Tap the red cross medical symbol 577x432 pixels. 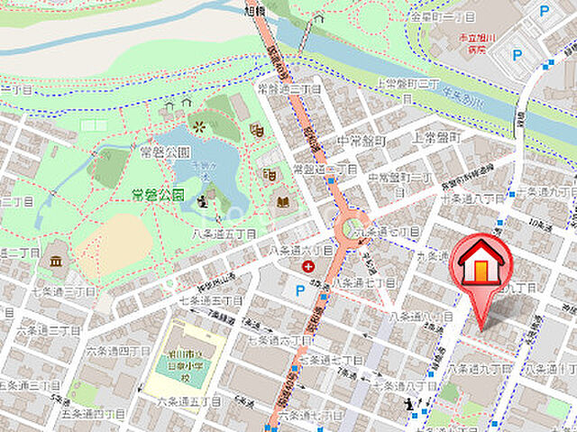tap(309, 266)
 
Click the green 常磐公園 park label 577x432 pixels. tap(159, 193)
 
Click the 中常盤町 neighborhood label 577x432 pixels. tap(362, 141)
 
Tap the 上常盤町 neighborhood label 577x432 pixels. tap(436, 138)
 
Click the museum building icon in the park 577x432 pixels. tap(56, 262)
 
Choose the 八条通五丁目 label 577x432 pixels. tap(224, 233)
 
